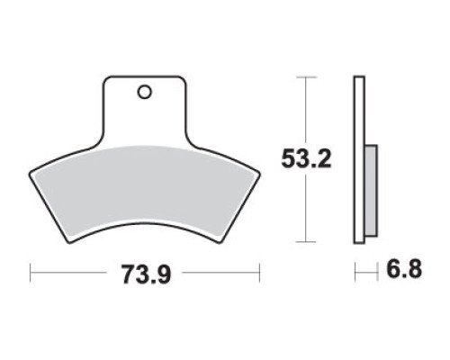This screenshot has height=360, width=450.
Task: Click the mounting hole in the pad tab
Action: [x=144, y=92]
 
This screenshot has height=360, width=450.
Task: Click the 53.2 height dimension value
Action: [x=306, y=159]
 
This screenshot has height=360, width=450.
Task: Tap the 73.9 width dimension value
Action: [x=146, y=274]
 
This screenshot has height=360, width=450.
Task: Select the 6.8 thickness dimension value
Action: [x=404, y=269]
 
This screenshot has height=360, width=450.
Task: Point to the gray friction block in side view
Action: [x=371, y=191]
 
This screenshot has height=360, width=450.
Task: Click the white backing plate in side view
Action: [x=359, y=159]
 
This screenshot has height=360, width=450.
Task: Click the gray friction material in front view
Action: [x=143, y=189]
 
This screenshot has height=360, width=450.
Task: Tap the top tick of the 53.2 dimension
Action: [x=306, y=77]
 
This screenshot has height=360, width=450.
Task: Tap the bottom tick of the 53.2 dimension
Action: [x=306, y=241]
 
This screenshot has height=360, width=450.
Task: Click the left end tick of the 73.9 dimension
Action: [x=31, y=273]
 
